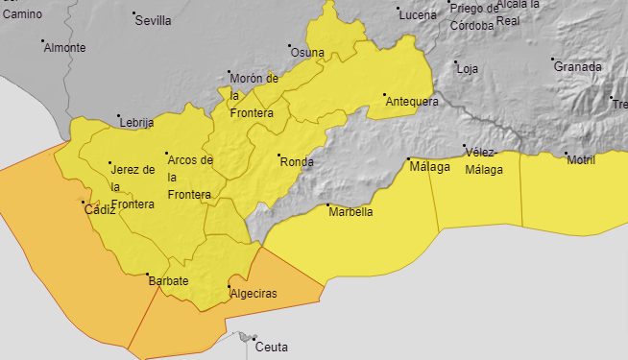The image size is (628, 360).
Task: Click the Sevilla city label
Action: point(155,20)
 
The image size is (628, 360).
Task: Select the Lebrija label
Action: point(136,123)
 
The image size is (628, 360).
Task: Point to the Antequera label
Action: point(412,102)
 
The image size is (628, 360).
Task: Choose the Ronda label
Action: point(297,162)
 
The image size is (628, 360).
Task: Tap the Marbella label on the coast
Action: point(351,212)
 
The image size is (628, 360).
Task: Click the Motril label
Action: point(581,160)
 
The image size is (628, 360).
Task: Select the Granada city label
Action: point(578,67)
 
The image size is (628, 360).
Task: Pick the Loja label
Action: point(468,69)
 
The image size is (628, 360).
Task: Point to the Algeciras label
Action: point(254,294)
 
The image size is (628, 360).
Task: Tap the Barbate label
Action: point(168,281)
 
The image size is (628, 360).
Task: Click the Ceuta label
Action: point(272,348)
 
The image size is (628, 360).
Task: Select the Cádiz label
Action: point(100,209)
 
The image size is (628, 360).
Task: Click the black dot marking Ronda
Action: point(279,156)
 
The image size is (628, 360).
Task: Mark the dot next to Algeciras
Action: point(229,287)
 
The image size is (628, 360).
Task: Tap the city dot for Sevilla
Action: point(133,13)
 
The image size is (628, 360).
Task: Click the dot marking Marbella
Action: point(328,205)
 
